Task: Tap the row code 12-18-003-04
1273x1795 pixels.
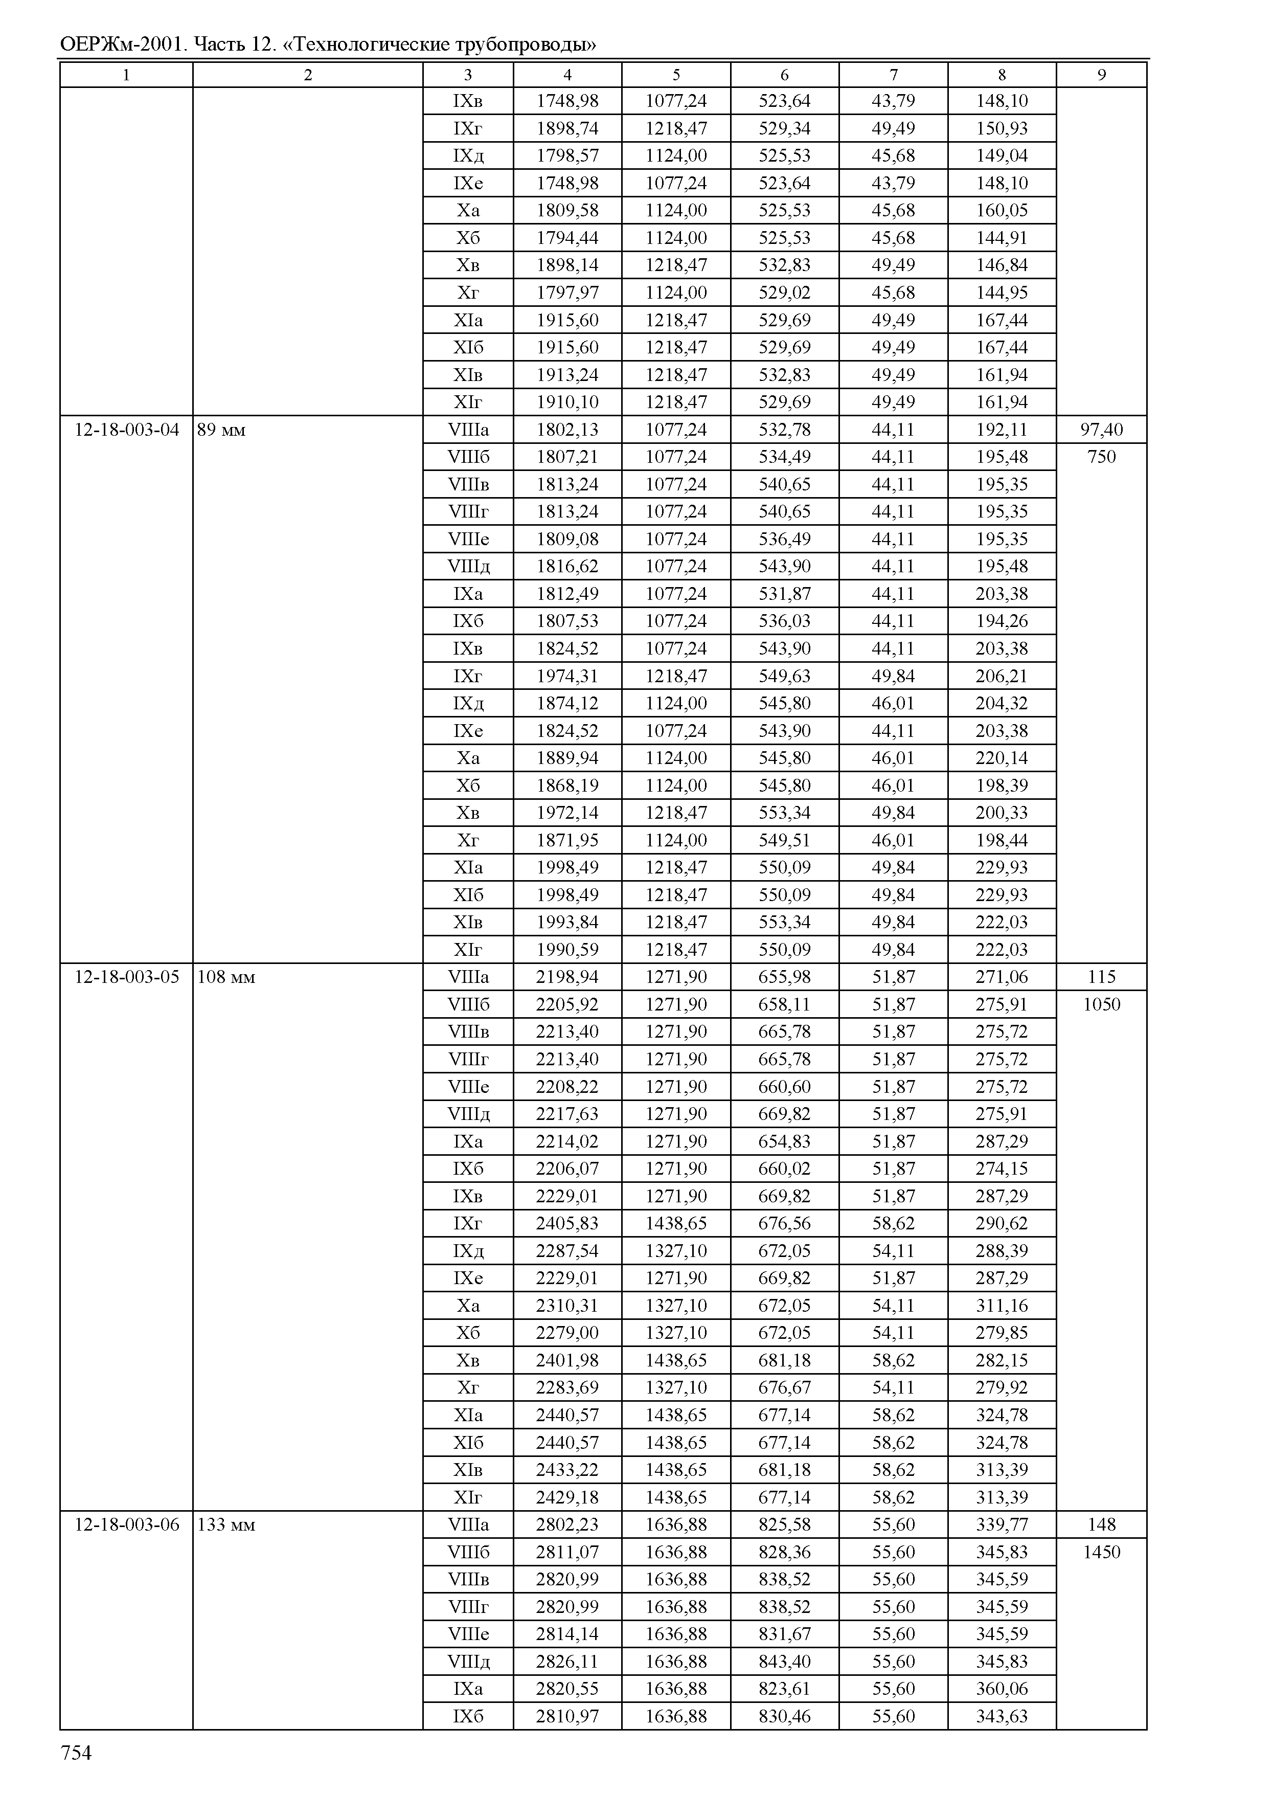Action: coord(126,430)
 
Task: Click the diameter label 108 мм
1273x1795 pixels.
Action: coord(226,977)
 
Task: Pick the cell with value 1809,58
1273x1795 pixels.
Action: coord(567,210)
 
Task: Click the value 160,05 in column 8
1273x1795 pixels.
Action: coord(1001,210)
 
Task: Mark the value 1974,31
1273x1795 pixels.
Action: coord(567,676)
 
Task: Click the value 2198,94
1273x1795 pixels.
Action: coord(567,977)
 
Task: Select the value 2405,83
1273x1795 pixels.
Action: coord(567,1223)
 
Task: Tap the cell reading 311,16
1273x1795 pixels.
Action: coord(1001,1306)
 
